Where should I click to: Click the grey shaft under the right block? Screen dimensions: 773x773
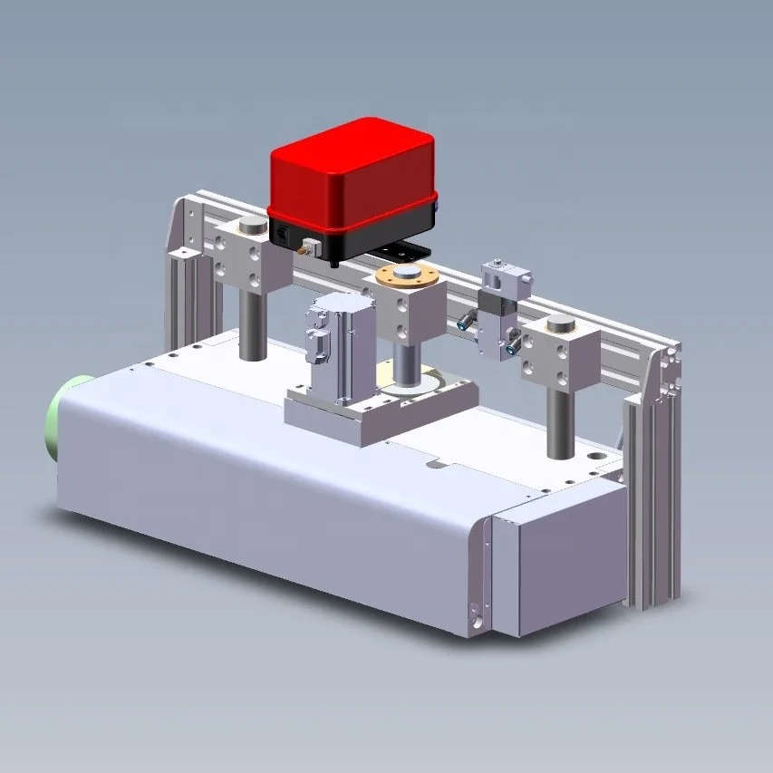coord(561,421)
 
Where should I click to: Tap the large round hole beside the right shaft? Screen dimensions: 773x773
coord(598,449)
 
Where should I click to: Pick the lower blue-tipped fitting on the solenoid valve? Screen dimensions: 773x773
coord(513,343)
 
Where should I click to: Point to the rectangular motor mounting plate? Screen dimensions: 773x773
coord(381,412)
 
